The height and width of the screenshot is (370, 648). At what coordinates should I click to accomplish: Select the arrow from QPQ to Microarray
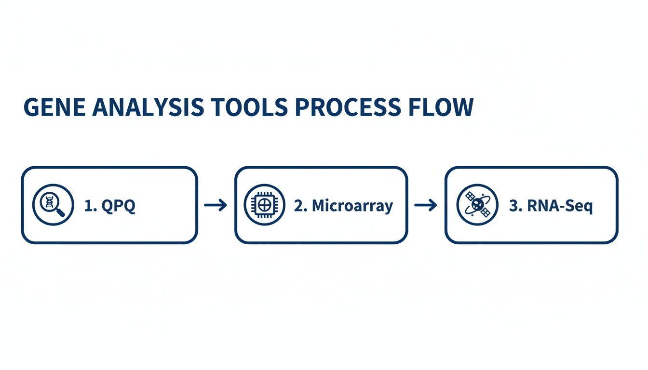216,206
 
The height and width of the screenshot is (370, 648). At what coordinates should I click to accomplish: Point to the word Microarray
352,206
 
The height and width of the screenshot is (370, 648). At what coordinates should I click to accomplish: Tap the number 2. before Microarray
300,206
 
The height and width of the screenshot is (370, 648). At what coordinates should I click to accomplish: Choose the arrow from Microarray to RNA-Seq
426,206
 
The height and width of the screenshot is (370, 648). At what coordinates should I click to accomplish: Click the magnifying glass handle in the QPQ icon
61,212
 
